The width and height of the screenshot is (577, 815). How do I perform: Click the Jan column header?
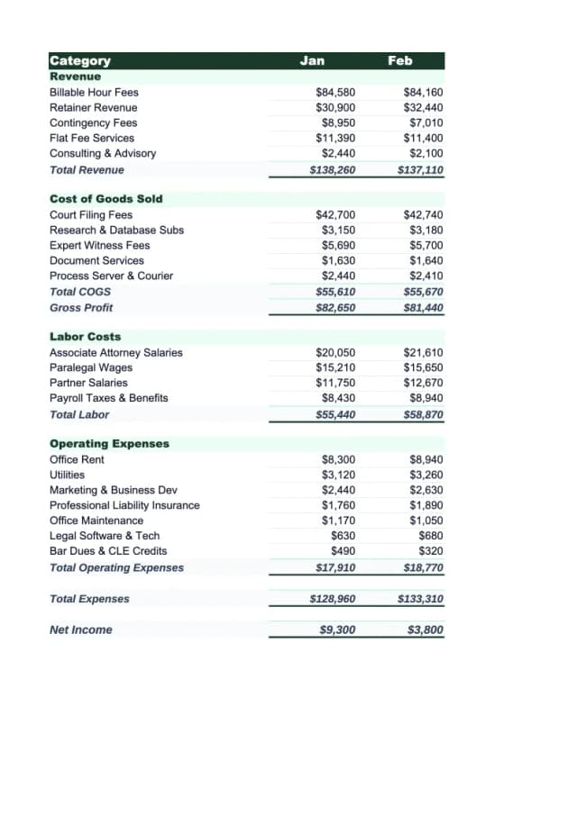point(312,60)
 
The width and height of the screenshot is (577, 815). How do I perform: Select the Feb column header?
point(400,60)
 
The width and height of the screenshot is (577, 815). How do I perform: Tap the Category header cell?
point(80,60)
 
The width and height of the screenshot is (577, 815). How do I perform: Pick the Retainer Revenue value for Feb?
point(424,107)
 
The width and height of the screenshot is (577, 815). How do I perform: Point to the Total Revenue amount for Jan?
point(333,169)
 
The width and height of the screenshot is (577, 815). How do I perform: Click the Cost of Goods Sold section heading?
point(106,198)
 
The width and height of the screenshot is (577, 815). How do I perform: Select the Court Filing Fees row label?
point(91,214)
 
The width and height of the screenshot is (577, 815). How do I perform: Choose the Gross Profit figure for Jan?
point(335,307)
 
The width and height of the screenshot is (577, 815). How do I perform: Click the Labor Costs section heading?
point(85,336)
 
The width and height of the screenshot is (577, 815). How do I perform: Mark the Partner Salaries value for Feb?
point(424,383)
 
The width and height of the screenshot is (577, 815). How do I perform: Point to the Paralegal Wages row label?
point(91,367)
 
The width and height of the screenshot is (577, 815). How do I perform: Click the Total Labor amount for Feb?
point(424,414)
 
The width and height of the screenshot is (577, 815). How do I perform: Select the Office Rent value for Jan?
point(338,459)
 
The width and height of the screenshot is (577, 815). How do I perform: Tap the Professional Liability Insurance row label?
point(124,505)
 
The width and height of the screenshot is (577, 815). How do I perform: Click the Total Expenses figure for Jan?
point(333,599)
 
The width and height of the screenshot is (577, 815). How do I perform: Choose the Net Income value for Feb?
point(426,629)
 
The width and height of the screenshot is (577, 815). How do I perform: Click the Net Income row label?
point(81,629)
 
